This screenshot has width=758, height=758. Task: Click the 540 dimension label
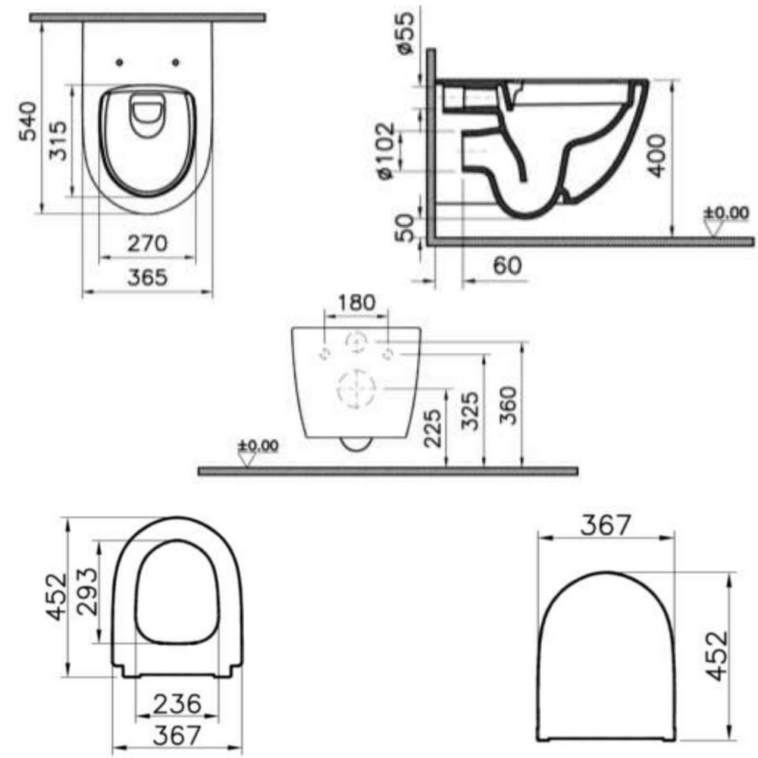point(28,121)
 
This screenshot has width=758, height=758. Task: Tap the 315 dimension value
point(58,141)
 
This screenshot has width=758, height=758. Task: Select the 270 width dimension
point(148,243)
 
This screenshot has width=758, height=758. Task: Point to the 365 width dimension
point(148,277)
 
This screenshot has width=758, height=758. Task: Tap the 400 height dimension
point(656,155)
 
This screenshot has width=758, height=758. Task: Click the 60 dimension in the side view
point(507,265)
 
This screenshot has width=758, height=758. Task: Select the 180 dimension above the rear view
point(356,303)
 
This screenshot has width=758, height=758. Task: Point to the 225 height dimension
point(432,428)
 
